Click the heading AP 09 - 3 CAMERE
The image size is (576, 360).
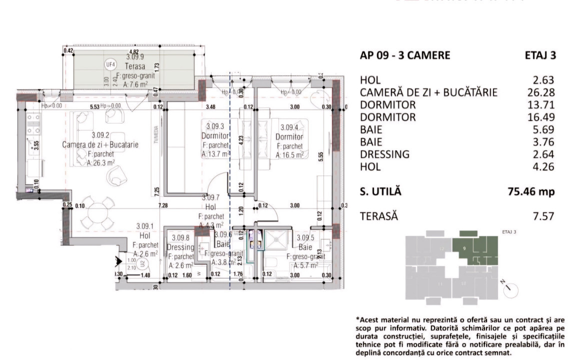coord(405,55)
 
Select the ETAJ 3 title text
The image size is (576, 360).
coord(540,55)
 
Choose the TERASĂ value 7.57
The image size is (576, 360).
coord(544,216)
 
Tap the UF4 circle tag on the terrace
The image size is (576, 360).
coord(110,64)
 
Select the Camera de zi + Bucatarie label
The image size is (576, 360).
coord(100,144)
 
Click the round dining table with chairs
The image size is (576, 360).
coord(99,215)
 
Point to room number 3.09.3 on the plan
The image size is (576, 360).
coord(215,127)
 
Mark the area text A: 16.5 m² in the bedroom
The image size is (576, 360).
coord(290,155)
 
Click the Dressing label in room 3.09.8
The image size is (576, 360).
coord(180,247)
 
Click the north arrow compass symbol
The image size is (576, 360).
coord(510,289)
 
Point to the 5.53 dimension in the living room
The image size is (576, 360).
coord(94,106)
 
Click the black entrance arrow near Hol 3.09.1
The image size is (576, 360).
coord(119,260)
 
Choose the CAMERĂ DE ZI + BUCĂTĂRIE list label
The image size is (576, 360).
coord(428,92)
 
